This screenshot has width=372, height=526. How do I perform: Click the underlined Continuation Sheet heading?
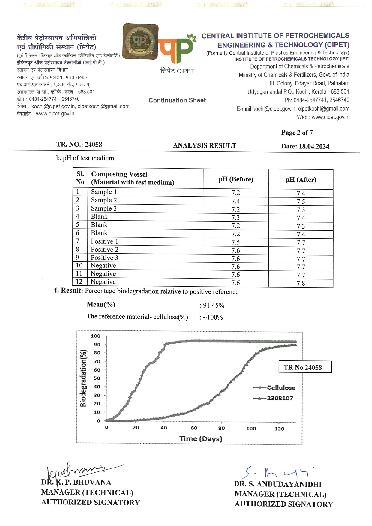(x=177, y=100)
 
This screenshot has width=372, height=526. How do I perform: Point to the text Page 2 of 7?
(x=297, y=133)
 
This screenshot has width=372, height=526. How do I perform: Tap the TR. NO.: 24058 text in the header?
(x=79, y=145)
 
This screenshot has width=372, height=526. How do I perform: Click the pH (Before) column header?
(x=236, y=179)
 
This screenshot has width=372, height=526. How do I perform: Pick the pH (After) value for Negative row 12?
(x=301, y=283)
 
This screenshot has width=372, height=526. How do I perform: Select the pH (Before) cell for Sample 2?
(x=236, y=201)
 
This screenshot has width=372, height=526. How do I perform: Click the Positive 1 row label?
(x=104, y=241)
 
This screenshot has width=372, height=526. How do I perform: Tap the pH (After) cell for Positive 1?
(x=301, y=243)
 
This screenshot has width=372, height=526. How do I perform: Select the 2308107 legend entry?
(x=280, y=398)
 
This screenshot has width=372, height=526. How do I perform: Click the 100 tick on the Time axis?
(x=251, y=429)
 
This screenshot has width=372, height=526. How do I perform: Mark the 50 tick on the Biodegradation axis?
(x=97, y=378)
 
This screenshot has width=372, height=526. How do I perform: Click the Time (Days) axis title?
(x=201, y=439)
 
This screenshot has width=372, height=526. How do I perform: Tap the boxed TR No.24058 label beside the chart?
(x=305, y=367)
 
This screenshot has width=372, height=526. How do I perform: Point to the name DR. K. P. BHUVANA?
(x=76, y=483)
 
